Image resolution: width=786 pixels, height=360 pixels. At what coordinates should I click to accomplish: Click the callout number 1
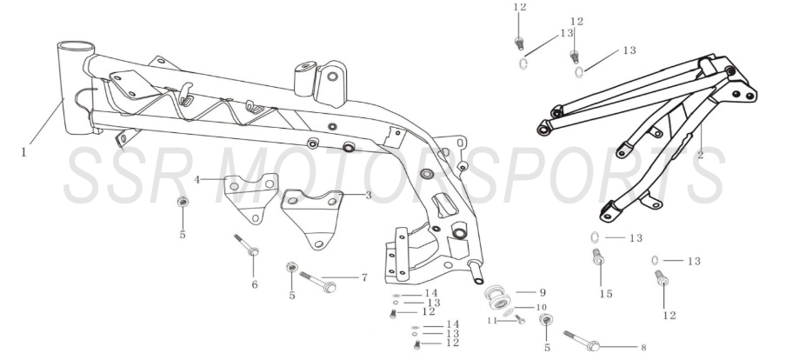pyautogui.click(x=23, y=152)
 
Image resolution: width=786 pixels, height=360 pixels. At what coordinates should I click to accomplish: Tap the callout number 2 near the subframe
pyautogui.click(x=700, y=155)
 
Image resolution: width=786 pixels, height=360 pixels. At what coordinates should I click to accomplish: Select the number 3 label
pyautogui.click(x=369, y=195)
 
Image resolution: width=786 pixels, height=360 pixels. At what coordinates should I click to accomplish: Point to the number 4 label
pyautogui.click(x=197, y=179)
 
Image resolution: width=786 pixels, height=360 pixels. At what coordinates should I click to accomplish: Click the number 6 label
pyautogui.click(x=255, y=285)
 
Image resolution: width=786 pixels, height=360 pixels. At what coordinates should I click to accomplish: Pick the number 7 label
pyautogui.click(x=364, y=277)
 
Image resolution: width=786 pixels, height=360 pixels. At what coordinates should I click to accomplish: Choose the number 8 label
pyautogui.click(x=643, y=347)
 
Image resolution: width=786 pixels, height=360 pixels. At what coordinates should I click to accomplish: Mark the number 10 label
pyautogui.click(x=542, y=307)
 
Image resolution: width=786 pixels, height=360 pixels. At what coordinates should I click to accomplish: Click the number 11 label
pyautogui.click(x=493, y=320)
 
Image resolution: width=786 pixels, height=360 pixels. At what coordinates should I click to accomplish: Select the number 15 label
pyautogui.click(x=606, y=294)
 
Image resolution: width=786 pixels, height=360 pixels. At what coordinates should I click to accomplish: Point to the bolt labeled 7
pyautogui.click(x=318, y=282)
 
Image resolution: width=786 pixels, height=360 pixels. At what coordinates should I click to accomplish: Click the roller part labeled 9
pyautogui.click(x=497, y=297)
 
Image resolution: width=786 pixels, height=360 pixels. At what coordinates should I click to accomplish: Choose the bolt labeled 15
pyautogui.click(x=597, y=257)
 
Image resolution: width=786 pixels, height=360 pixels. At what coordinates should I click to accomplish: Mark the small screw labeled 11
pyautogui.click(x=520, y=319)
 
